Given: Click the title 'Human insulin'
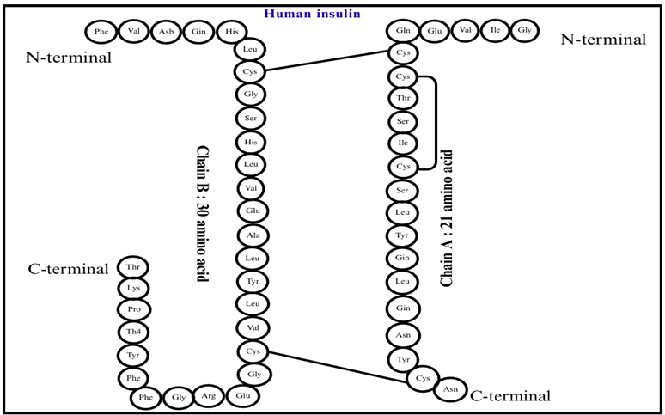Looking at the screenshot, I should (312, 14).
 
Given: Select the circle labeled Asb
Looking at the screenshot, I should (165, 32).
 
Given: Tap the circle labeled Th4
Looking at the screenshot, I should (133, 332).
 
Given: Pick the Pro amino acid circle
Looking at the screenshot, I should (133, 309).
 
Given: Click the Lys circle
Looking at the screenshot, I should (133, 288).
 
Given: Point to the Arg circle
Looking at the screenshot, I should (210, 396).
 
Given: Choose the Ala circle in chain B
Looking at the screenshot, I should (253, 235).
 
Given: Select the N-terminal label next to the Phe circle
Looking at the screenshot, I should (70, 58).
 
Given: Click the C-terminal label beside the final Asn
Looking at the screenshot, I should (509, 395).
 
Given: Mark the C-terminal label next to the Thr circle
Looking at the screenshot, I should (68, 269).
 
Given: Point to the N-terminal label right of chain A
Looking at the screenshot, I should (602, 39).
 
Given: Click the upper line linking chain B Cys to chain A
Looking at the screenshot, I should (327, 62).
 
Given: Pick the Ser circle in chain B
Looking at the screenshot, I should (252, 118).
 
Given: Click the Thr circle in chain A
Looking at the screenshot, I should (403, 100).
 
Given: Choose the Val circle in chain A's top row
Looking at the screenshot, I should (464, 32).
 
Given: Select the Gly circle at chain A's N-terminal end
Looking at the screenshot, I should (523, 32).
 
